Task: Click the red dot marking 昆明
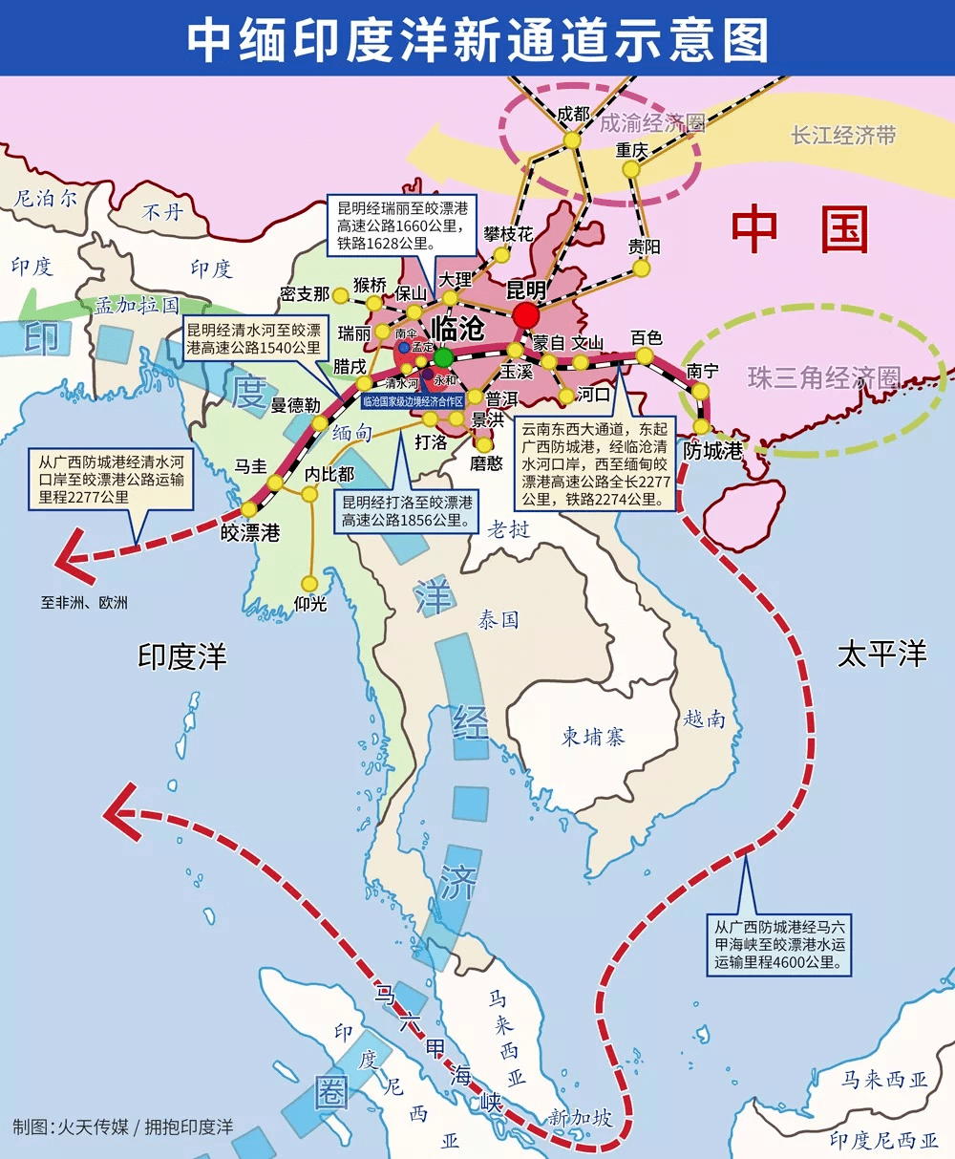click(525, 315)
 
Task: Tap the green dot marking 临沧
click(443, 357)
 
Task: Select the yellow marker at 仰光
click(308, 583)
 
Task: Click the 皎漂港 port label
click(250, 533)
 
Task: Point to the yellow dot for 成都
click(571, 140)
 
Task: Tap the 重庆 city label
click(631, 150)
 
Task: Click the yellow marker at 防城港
click(703, 427)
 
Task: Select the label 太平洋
click(881, 655)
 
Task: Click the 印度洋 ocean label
click(181, 656)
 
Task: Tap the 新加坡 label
click(580, 1117)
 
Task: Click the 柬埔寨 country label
click(592, 737)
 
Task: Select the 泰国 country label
click(498, 620)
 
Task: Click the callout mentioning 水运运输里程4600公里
click(779, 944)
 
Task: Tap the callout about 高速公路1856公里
click(406, 511)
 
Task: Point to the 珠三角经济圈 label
click(824, 377)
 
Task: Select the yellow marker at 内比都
click(308, 494)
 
